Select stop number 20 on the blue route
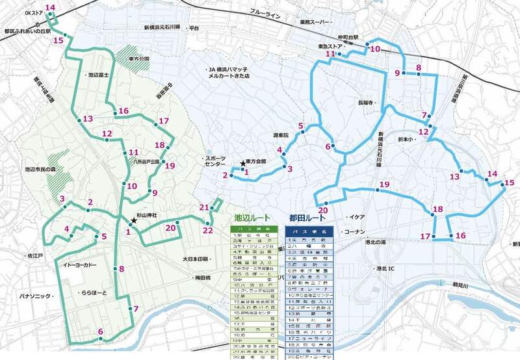point(323,209)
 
